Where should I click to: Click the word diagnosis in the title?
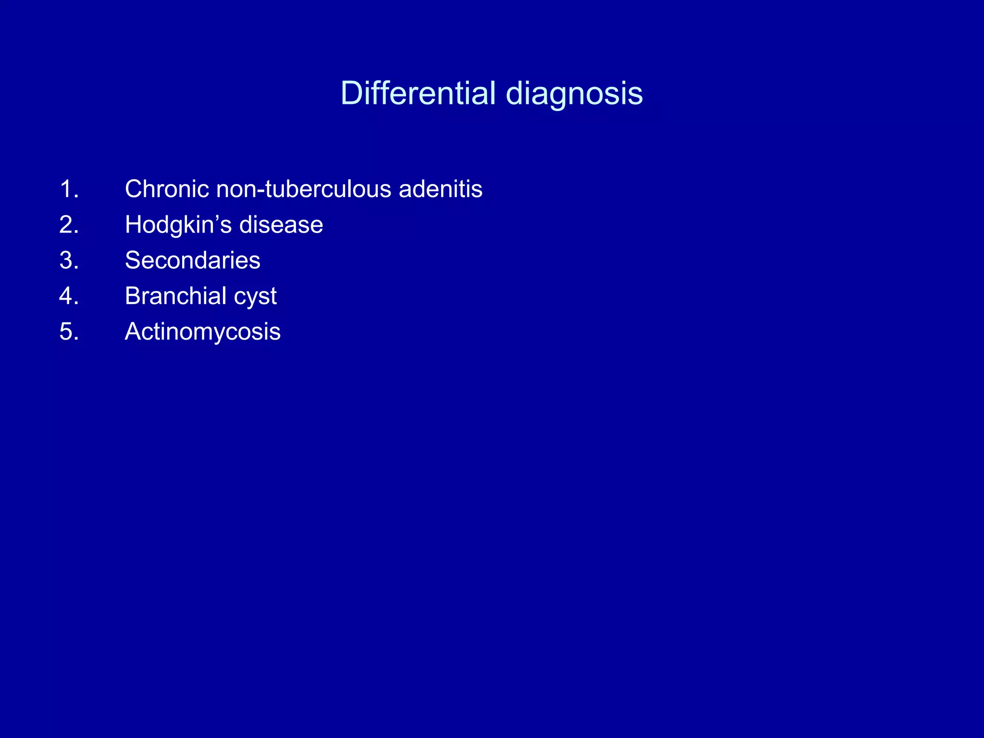pos(575,93)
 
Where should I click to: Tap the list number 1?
pos(69,189)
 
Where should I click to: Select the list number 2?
pos(69,224)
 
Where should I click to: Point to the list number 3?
pos(69,260)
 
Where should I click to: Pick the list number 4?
pos(69,295)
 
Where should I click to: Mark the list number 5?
pos(69,332)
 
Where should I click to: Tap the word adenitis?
pos(441,189)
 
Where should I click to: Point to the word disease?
pos(281,224)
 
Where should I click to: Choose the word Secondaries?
pos(192,260)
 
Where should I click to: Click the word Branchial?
pos(175,295)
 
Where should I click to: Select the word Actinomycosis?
pos(202,332)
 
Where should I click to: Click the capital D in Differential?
pos(351,93)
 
